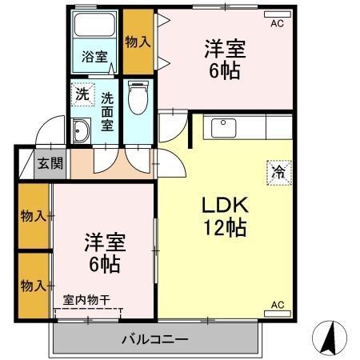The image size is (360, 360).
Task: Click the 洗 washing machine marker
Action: pos(82,94)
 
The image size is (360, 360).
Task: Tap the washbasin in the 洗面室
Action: pos(81,130)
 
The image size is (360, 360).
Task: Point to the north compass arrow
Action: pos(328,338)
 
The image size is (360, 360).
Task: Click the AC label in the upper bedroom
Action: pos(277,24)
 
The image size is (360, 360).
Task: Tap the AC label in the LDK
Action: pos(278,305)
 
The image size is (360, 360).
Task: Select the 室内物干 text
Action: pos(86,300)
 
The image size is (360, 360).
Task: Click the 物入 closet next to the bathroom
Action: pos(138,40)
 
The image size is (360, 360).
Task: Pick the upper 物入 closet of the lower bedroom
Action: pos(33,216)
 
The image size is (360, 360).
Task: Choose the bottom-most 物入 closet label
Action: pos(33,285)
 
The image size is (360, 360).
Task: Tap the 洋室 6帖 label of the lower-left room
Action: pos(102,253)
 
